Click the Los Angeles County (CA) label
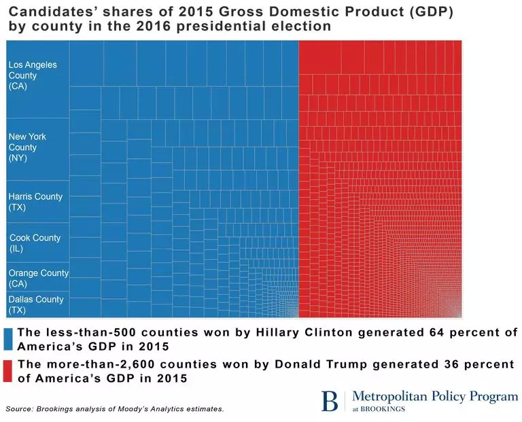(33, 75)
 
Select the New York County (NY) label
(28, 147)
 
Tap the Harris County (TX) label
(35, 202)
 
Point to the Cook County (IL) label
(35, 243)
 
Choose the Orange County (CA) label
(38, 278)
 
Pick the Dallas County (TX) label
(36, 304)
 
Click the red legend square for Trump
(9, 371)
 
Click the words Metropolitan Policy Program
(436, 397)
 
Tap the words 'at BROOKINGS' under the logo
(387, 409)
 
